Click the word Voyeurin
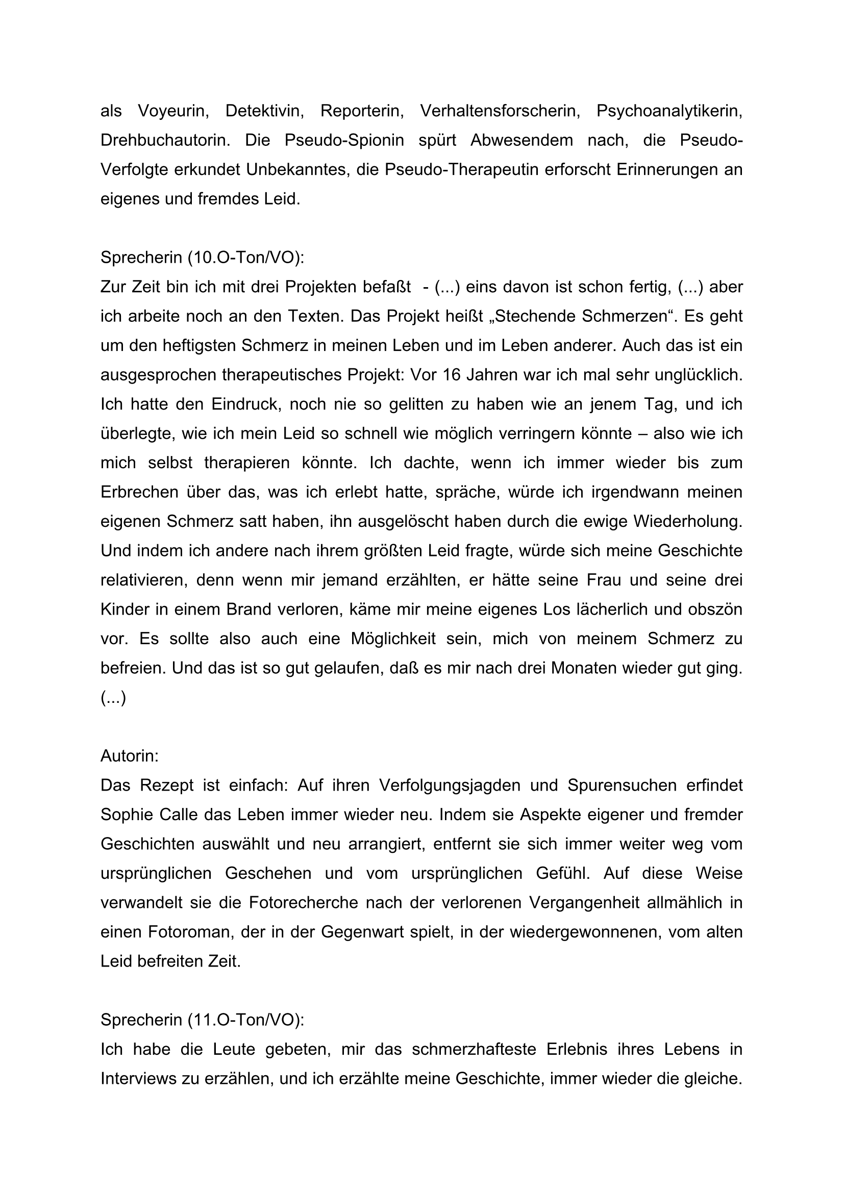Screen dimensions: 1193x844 point(173,111)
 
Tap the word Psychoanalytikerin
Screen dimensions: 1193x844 point(669,111)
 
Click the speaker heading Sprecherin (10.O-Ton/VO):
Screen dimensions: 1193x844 point(202,258)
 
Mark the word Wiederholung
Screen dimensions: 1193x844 point(687,522)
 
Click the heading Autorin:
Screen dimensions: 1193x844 point(130,756)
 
